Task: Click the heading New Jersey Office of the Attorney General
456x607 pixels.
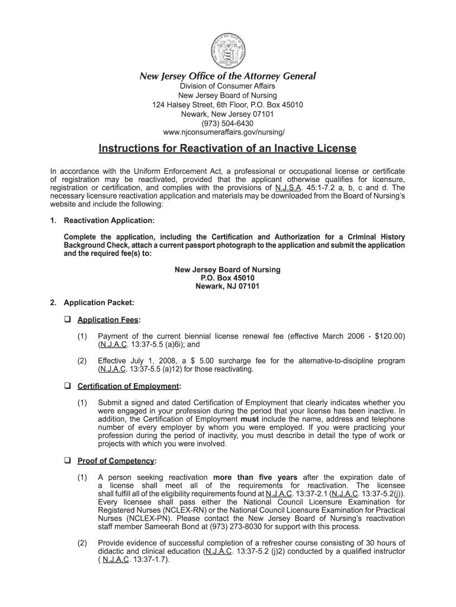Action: coord(227,76)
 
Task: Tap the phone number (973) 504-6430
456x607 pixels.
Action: coord(227,123)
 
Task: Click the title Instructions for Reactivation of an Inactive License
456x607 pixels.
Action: coord(227,148)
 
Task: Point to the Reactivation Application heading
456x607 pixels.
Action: coord(109,221)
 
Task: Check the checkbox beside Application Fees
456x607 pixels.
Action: coord(67,320)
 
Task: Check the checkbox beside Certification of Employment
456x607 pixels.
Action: coord(67,386)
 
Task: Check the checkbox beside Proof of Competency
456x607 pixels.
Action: coord(67,461)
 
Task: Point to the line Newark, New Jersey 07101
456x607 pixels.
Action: coord(227,114)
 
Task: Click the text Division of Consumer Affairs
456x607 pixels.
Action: coord(227,87)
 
